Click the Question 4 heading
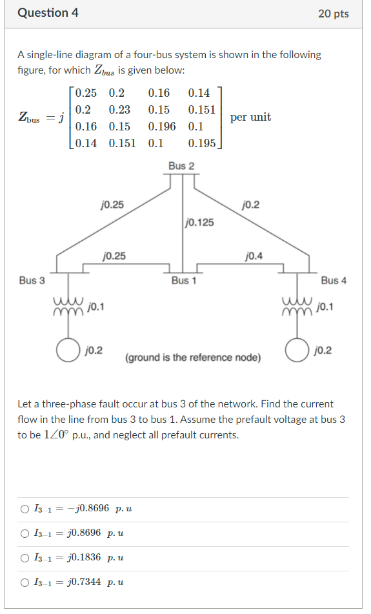tap(48, 13)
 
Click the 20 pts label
tap(333, 14)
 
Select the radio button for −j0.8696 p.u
tap(25, 509)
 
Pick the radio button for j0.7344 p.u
tap(25, 582)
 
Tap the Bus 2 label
tap(181, 166)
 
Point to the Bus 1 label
tap(184, 280)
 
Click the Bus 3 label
tap(32, 280)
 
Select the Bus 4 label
tap(334, 280)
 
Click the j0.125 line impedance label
tap(199, 223)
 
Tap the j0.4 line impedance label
tap(254, 256)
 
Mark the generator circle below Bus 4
tap(297, 351)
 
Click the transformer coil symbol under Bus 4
tap(297, 306)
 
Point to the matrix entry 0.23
tap(119, 110)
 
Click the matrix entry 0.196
tap(162, 127)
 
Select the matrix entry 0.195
tap(202, 143)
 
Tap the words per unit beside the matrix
tap(250, 117)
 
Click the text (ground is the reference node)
tap(193, 357)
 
